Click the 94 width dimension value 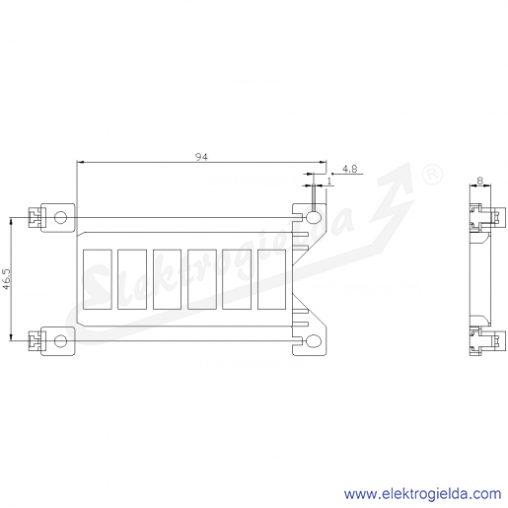coord(201,157)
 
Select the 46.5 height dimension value coord(7,279)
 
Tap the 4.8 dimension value coord(349,169)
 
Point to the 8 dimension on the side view coord(480,181)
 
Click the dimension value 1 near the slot coord(329,181)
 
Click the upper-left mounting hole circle coord(60,217)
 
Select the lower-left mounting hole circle coord(60,341)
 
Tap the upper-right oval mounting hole coord(314,217)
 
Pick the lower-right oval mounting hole coord(314,341)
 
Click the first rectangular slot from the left coord(98,279)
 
